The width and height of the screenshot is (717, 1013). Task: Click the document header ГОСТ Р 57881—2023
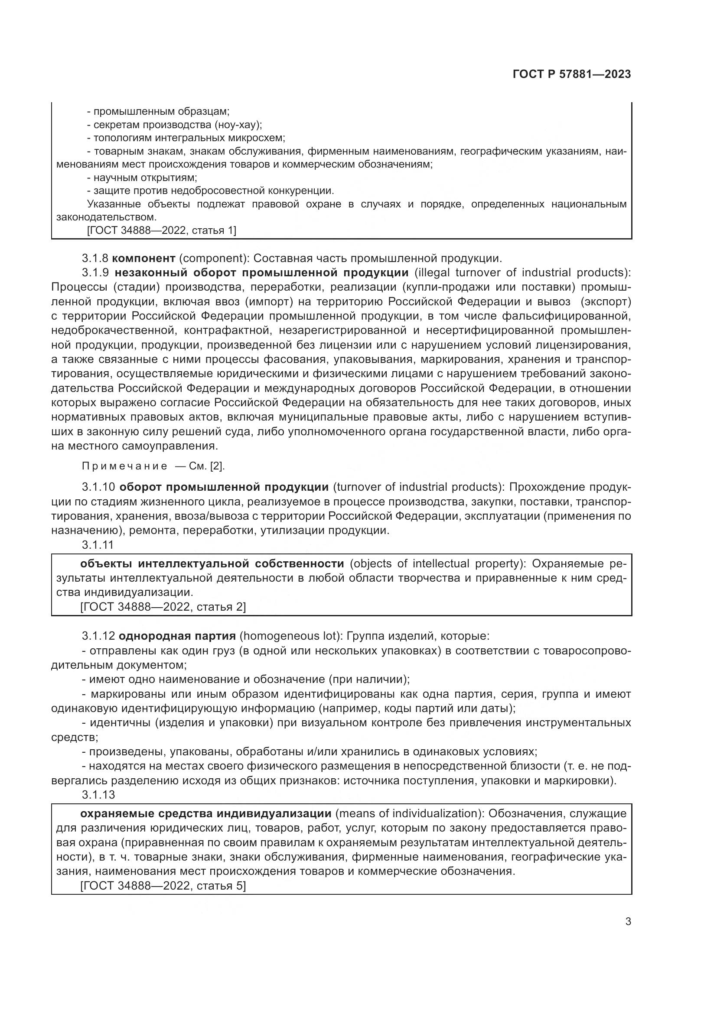[x=572, y=74]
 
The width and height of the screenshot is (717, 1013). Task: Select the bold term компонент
[x=147, y=258]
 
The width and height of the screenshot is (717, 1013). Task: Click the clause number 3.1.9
[x=95, y=273]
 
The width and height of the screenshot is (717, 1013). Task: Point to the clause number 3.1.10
[x=98, y=487]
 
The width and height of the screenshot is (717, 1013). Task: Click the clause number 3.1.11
[x=98, y=545]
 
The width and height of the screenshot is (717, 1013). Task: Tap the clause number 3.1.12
[x=98, y=636]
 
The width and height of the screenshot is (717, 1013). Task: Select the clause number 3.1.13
[x=98, y=795]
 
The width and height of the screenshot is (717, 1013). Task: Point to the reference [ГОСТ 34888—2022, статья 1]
[x=162, y=230]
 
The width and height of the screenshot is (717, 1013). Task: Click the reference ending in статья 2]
[x=163, y=607]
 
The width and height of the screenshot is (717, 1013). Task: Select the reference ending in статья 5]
[x=163, y=886]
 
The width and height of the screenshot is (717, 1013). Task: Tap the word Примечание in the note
[x=125, y=466]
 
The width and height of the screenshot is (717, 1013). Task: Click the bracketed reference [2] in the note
[x=217, y=466]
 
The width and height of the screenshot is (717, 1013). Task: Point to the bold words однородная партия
[x=177, y=636]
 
